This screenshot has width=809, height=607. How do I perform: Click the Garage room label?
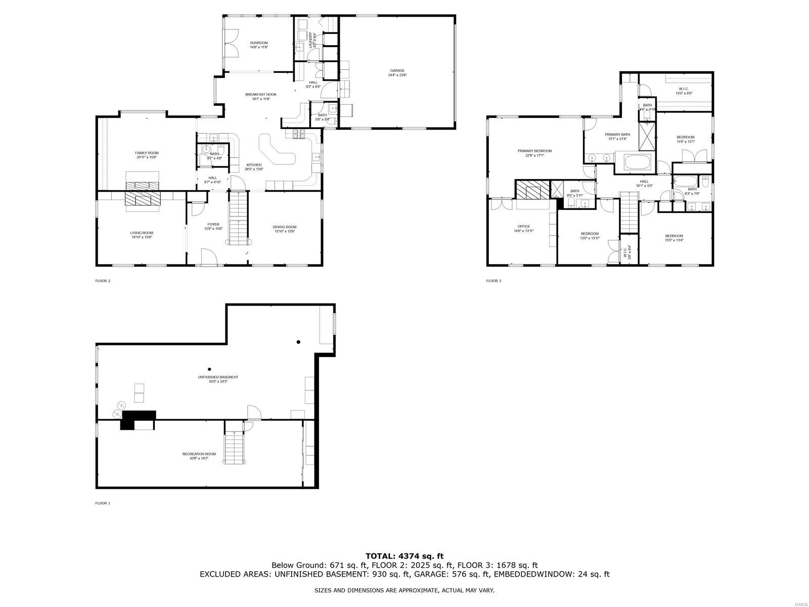coord(397,70)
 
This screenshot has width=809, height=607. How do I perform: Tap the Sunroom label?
coord(258,43)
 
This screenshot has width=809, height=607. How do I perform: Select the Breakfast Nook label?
coord(260,95)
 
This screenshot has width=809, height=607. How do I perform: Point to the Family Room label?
coord(147,153)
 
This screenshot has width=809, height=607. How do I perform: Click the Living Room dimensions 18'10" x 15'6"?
coord(142,237)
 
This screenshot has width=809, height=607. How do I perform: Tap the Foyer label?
coord(213,224)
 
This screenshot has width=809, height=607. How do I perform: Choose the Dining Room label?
coord(285,227)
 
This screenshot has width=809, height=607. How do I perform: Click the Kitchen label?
coord(254,165)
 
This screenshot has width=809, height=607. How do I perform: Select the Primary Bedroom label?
coord(534,151)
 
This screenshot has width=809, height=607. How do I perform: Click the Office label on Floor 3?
coord(523,226)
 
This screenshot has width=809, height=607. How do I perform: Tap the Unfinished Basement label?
coord(218,377)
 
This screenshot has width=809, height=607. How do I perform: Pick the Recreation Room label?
coord(199,454)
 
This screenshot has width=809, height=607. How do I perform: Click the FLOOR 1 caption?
coord(103,503)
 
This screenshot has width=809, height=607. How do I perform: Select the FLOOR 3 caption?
coord(493,281)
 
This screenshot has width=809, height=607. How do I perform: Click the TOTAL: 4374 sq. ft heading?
coord(404,556)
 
